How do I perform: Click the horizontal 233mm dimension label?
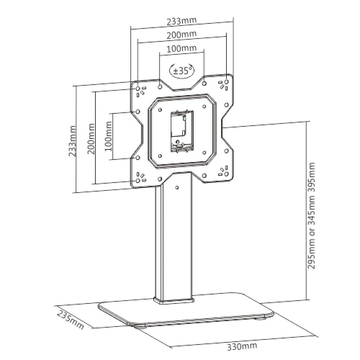tap(182, 21)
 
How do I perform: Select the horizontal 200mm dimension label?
tap(182, 35)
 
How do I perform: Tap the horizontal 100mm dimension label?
tap(182, 49)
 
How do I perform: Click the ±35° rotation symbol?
tap(182, 71)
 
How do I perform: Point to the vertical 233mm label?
tap(73, 140)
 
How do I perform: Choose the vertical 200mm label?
tap(91, 139)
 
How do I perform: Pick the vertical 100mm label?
tap(109, 137)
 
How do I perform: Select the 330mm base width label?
tap(242, 347)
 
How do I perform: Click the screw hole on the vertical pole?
tap(177, 187)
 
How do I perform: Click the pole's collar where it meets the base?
tap(174, 300)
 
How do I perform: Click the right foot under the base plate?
tap(260, 319)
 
